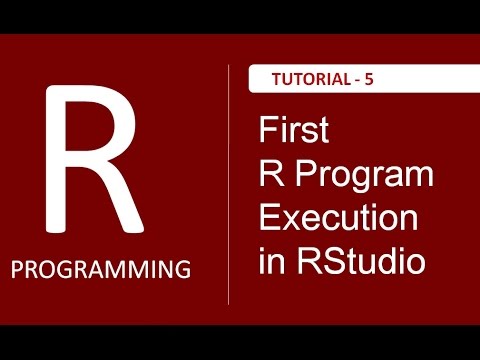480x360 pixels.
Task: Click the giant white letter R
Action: (90, 160)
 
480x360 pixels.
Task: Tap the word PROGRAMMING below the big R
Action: (102, 269)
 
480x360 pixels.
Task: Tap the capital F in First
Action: (266, 131)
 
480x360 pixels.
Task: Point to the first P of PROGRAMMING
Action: (21, 269)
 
